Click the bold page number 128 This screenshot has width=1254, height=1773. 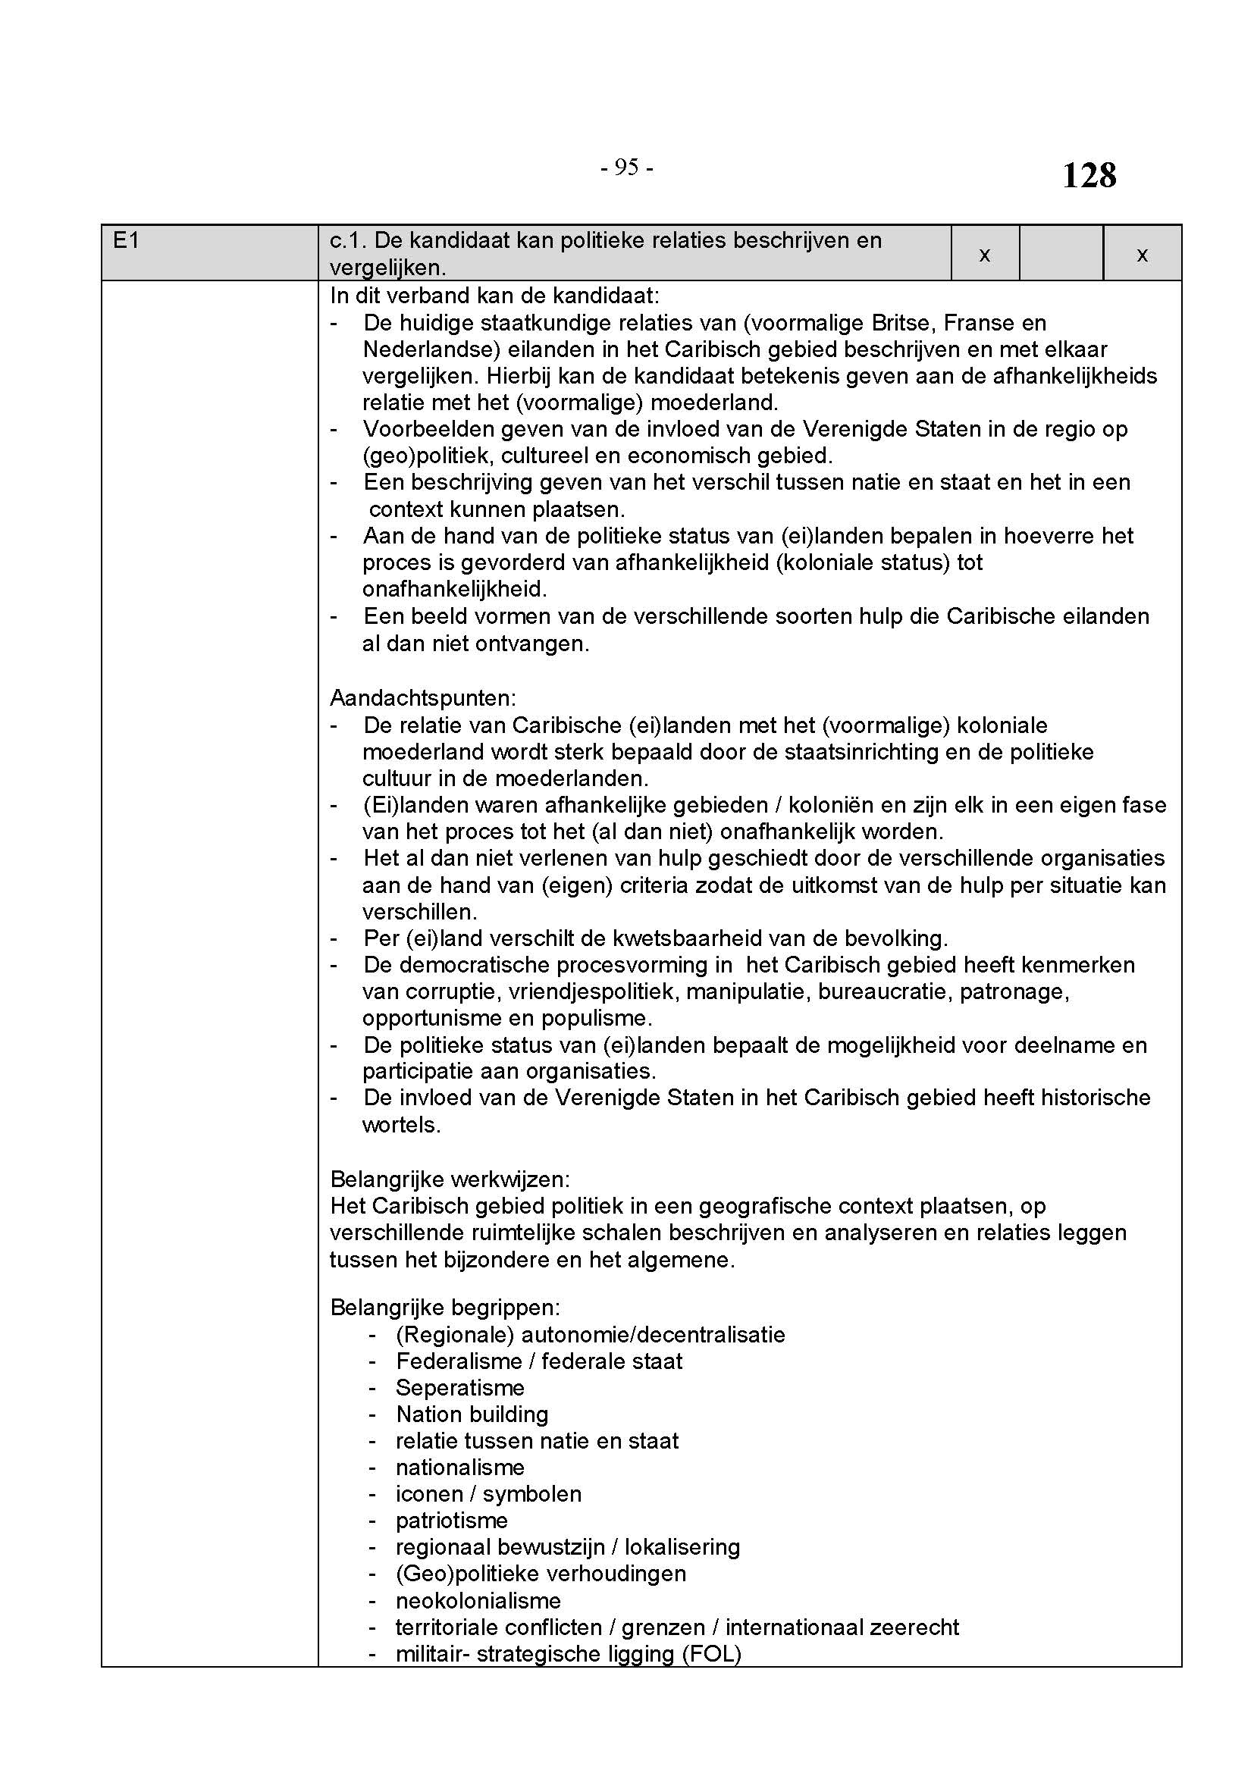1089,176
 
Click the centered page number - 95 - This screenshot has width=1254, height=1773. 626,167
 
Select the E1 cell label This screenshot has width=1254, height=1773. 126,241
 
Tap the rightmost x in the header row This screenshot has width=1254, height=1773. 1142,255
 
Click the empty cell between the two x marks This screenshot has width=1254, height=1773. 1061,253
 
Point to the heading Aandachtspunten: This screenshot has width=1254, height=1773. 423,698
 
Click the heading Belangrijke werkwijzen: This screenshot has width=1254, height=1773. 450,1179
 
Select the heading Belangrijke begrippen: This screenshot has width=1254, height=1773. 445,1308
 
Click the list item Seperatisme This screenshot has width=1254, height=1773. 460,1388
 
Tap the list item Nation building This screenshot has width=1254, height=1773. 472,1414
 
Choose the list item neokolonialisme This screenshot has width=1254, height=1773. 478,1601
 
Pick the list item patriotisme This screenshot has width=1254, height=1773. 452,1521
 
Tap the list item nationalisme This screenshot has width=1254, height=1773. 460,1468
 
